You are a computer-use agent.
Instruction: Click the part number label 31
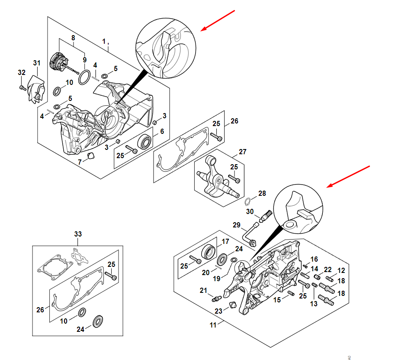(36, 63)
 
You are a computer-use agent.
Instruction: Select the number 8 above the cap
(73, 38)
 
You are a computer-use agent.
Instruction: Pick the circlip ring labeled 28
(248, 201)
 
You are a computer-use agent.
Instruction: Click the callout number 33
(77, 234)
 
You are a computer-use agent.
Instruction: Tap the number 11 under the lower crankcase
(213, 325)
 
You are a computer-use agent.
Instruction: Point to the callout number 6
(161, 131)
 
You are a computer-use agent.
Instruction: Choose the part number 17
(225, 242)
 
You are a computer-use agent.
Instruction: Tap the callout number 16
(314, 259)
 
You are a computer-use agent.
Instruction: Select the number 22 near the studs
(328, 269)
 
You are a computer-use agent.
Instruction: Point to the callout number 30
(250, 211)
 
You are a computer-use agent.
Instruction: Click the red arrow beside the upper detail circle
(217, 20)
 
